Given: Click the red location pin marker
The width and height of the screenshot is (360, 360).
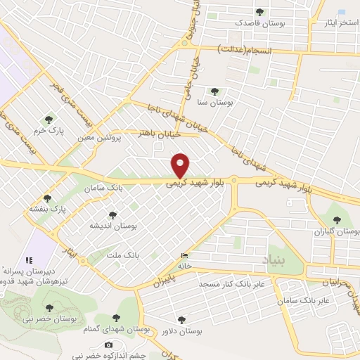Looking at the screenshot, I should point(181,165).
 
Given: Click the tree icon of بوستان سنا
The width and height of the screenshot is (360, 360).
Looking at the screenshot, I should point(214,91).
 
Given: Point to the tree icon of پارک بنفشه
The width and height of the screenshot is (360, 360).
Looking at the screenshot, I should point(48,199).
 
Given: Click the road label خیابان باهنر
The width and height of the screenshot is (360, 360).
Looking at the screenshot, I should point(162,132).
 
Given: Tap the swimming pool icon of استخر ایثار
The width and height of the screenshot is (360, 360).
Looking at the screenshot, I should point(342,13).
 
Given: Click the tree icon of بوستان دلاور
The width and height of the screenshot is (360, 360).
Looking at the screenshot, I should point(181,319).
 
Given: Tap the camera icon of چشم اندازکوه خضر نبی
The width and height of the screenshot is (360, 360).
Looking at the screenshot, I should point(108,345).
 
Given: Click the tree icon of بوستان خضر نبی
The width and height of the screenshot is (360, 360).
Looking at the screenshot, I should point(49,307).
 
